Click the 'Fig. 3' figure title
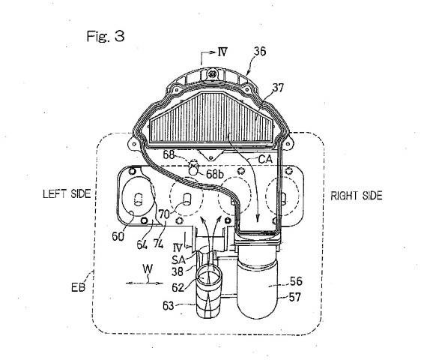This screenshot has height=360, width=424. [x=106, y=36]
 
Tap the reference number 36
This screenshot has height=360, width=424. [x=260, y=51]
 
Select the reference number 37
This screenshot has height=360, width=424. [x=278, y=88]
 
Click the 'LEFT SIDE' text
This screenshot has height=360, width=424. [x=67, y=193]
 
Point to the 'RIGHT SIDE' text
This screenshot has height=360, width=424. [x=357, y=196]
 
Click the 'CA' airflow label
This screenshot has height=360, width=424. [x=265, y=159]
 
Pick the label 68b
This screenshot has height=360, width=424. [x=215, y=174]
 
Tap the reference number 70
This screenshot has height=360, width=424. [x=164, y=214]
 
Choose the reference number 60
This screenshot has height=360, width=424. [x=118, y=236]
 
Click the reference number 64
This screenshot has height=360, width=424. [x=142, y=244]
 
